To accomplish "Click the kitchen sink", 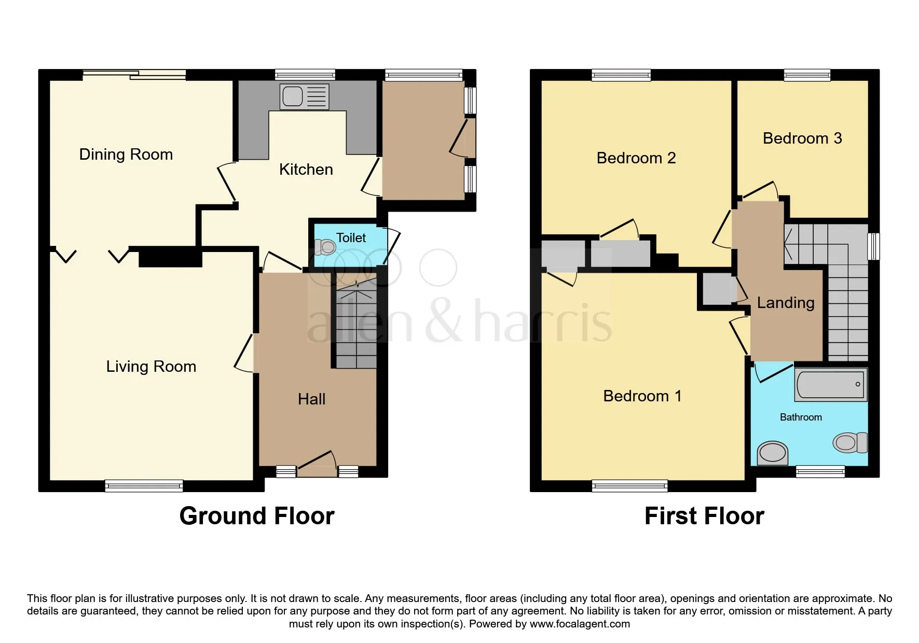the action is (304, 96).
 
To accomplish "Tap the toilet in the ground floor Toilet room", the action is (325, 247).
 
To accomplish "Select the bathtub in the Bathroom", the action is (830, 385).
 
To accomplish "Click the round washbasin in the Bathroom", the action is (773, 453).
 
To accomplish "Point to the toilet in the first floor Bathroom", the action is (850, 443).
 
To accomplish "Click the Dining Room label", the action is (126, 155).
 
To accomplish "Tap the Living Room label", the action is (151, 367).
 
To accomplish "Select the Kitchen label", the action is (306, 170).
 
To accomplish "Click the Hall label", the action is (312, 399).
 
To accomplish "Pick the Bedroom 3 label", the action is (802, 138).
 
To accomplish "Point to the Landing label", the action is (786, 303).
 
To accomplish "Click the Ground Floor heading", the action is (257, 516).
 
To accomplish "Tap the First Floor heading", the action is (704, 516).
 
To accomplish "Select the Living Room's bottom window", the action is (144, 486).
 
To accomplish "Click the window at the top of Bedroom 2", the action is (621, 75).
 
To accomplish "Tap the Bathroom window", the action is (820, 471).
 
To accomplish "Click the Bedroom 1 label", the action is (642, 396).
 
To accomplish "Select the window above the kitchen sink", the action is (305, 75).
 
